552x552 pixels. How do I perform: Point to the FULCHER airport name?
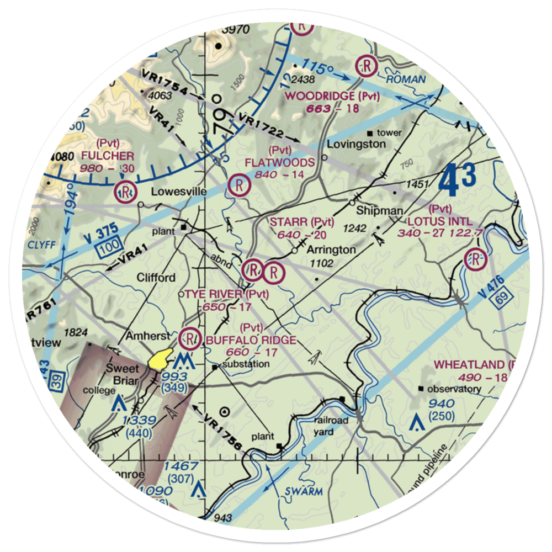tap(107, 156)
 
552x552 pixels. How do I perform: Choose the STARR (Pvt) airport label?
tap(302, 222)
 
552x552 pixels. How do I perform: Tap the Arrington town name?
tap(331, 250)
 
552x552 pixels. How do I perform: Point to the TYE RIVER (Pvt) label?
tap(226, 294)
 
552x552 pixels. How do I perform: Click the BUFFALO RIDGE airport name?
tap(251, 339)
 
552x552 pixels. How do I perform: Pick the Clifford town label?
tap(157, 277)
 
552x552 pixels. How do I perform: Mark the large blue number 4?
tap(449, 182)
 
